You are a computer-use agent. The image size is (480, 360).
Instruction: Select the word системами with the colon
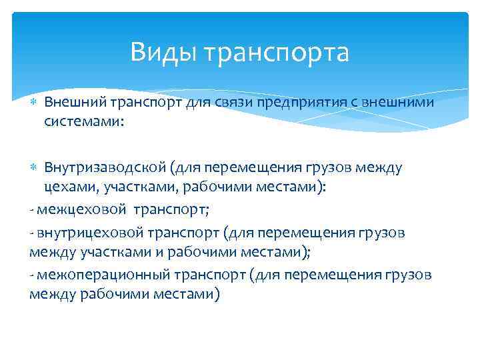coord(84,122)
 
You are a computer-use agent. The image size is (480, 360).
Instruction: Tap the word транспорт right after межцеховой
coord(171,210)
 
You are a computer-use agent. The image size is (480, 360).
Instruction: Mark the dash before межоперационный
coord(32,275)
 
